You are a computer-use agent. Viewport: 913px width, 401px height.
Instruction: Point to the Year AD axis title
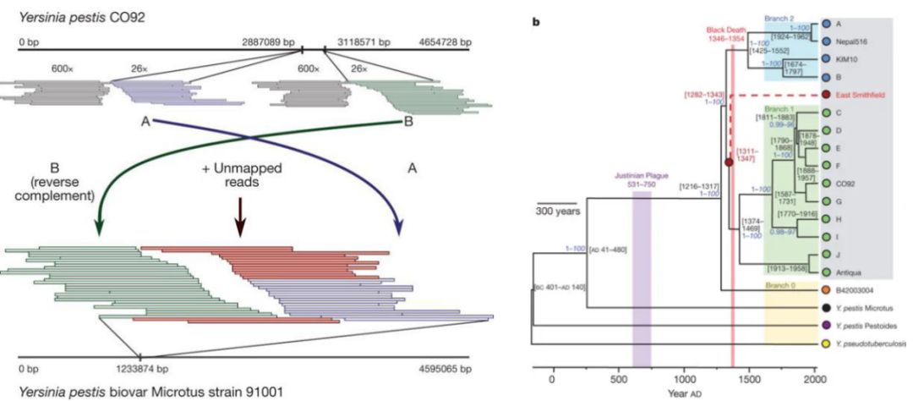(x=684, y=393)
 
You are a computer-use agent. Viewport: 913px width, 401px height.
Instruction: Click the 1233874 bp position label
(x=139, y=370)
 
